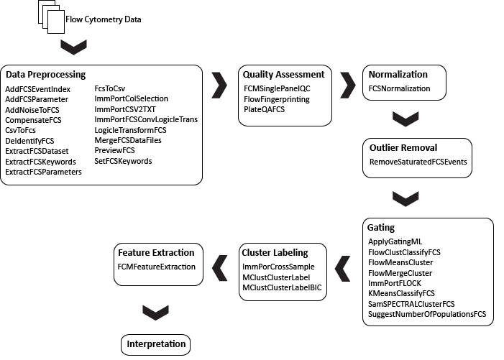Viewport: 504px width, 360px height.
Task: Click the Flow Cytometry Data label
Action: [x=104, y=19]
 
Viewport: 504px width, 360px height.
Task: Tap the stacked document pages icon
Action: [x=52, y=17]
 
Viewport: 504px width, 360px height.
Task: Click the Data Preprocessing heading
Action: [x=45, y=75]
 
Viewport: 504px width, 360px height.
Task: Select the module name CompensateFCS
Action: [x=33, y=120]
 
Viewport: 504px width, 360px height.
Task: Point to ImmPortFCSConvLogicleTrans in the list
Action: [x=146, y=119]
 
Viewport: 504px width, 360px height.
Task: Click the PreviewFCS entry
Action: [x=114, y=150]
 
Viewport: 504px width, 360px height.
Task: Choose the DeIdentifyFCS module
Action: [x=29, y=141]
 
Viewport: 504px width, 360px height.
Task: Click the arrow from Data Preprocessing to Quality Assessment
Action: [x=219, y=85]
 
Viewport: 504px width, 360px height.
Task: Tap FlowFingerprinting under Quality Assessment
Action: [x=277, y=99]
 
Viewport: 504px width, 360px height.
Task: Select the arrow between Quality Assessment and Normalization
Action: [x=348, y=85]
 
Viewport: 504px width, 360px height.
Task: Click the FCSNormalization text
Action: [x=399, y=88]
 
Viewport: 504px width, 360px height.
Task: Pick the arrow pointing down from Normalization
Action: [x=406, y=119]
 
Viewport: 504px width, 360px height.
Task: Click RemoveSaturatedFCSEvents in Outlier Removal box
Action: [x=418, y=162]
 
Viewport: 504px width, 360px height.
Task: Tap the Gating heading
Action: [x=381, y=227]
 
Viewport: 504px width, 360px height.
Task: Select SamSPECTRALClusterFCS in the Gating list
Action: [x=411, y=304]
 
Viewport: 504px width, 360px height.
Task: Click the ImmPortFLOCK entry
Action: [x=395, y=283]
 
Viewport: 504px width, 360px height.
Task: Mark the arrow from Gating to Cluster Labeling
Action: [x=343, y=269]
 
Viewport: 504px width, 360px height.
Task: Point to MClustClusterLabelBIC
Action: [x=282, y=287]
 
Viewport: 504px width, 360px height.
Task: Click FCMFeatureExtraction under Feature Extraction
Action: [x=157, y=267]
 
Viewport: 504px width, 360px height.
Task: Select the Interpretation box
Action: [x=155, y=345]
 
